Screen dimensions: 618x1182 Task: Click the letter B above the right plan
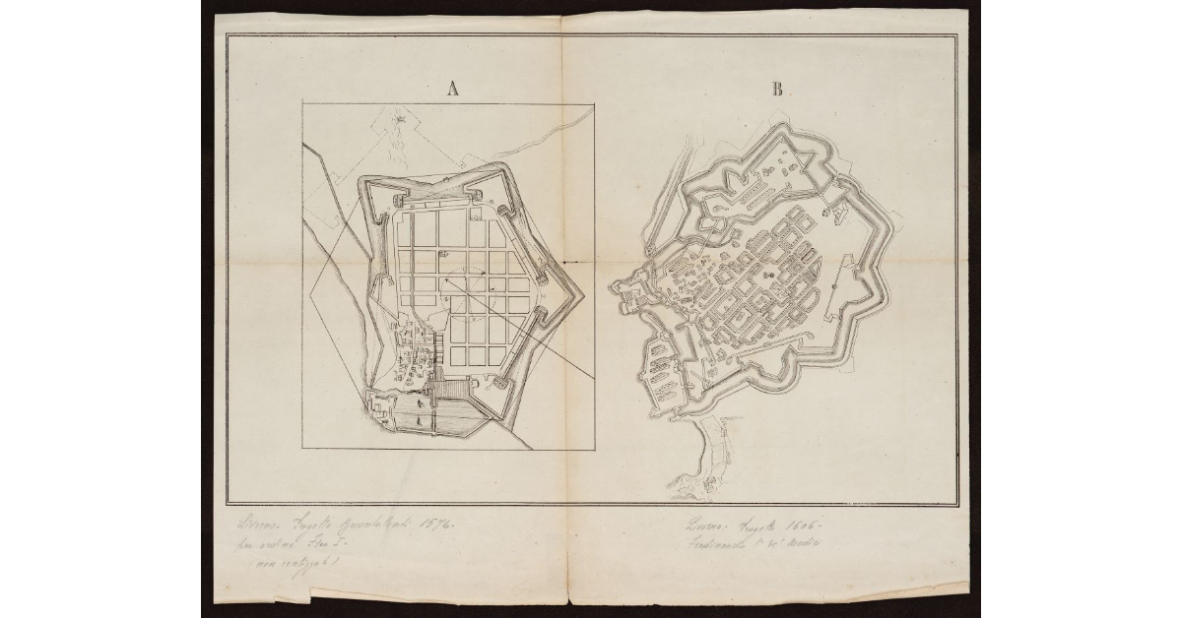point(777,90)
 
